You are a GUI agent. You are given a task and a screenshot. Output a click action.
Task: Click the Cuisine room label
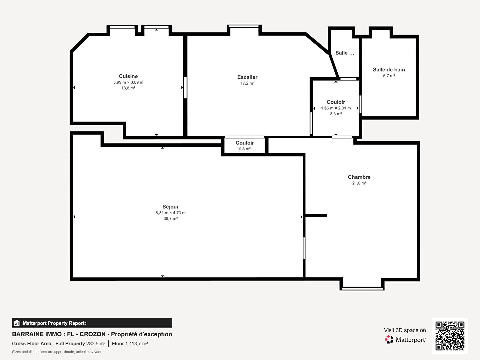click(128, 76)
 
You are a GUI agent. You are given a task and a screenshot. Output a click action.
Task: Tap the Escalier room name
click(247, 77)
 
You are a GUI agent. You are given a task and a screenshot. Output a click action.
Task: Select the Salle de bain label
click(389, 70)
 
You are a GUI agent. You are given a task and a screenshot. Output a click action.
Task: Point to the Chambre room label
click(359, 177)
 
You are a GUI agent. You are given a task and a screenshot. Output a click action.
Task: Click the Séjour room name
click(171, 207)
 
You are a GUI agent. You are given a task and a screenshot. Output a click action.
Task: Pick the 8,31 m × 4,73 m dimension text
click(171, 213)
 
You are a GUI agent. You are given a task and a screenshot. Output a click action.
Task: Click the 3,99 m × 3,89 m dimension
click(128, 82)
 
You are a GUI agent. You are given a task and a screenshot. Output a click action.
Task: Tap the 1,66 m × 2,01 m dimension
click(336, 108)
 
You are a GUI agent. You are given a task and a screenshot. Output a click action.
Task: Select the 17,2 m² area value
click(247, 83)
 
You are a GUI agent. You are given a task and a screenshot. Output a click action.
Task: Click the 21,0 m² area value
click(359, 183)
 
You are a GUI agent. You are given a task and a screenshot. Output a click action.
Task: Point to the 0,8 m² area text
click(245, 149)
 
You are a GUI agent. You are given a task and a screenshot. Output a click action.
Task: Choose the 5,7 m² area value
click(389, 76)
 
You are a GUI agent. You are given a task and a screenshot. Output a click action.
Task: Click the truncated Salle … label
click(345, 53)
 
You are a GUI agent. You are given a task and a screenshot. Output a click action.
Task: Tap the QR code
click(450, 336)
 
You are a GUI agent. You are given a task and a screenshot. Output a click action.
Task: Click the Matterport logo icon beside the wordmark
click(389, 340)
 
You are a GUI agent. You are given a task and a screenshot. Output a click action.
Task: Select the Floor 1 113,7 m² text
click(130, 344)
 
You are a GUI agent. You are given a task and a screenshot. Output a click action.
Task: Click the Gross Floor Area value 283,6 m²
click(96, 344)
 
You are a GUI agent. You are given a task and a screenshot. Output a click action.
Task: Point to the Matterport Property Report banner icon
click(17, 323)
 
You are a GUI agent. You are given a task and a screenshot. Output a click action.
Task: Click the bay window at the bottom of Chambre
click(362, 289)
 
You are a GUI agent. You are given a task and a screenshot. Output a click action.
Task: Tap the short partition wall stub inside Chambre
click(316, 216)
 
